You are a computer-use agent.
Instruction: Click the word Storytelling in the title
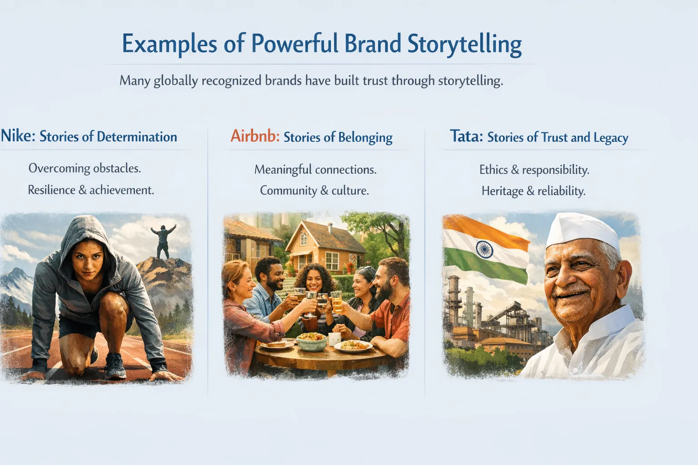[464, 45]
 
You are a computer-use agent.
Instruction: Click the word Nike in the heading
[17, 136]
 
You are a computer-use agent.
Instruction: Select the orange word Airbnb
[254, 136]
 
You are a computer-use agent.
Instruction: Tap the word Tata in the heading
[466, 136]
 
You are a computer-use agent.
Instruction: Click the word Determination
[137, 137]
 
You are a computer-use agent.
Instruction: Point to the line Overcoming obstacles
[85, 168]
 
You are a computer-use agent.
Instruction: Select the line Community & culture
[314, 190]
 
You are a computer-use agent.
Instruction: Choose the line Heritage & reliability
[533, 191]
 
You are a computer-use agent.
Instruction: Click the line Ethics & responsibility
[534, 170]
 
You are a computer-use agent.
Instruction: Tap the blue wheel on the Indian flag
[484, 249]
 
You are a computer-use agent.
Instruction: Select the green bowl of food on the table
[311, 341]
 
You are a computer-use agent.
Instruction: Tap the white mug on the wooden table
[334, 338]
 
